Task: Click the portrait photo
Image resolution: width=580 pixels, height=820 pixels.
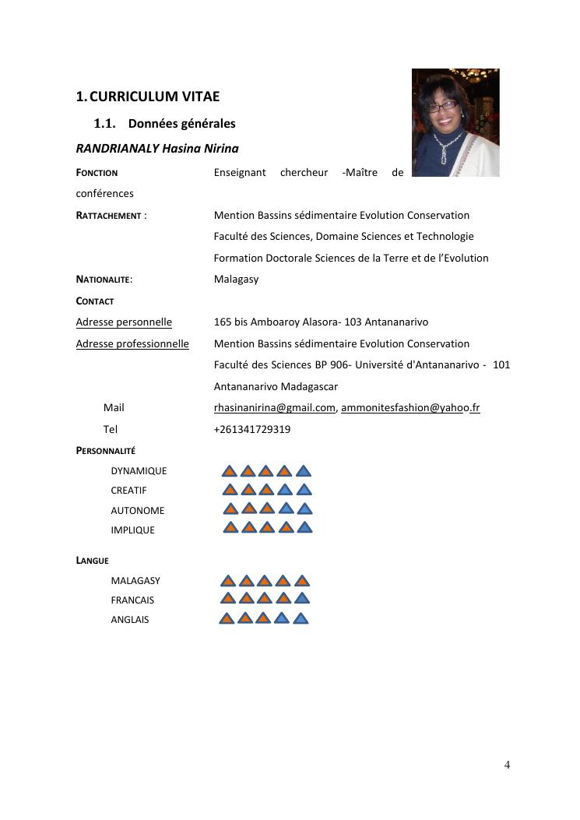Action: point(455,122)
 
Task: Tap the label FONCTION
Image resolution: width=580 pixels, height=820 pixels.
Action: point(97,173)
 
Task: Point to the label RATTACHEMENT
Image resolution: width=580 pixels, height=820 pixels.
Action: point(110,216)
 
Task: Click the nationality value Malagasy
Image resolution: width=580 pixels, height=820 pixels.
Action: point(236,280)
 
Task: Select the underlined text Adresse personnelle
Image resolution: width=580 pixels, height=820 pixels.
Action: point(124,322)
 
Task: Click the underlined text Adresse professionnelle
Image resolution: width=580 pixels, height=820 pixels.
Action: point(132,344)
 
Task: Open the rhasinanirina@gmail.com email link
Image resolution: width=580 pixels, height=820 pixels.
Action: point(274,408)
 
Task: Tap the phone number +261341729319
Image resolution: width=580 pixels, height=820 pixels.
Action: point(252,429)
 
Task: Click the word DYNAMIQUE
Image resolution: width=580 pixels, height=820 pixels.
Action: point(139,471)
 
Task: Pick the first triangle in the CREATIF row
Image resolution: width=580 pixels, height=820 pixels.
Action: point(230,490)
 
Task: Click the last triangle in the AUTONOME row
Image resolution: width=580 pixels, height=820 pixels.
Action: point(304,509)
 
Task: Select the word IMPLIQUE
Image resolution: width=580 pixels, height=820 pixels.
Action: point(132,530)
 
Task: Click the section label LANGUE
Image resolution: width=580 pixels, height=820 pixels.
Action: point(92,561)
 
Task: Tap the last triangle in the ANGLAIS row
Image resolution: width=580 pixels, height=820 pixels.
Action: point(301,620)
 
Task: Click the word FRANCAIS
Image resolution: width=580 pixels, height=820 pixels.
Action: point(132,600)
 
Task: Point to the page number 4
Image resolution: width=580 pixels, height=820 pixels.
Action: point(507,765)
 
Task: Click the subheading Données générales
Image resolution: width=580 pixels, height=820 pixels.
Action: point(181,124)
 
